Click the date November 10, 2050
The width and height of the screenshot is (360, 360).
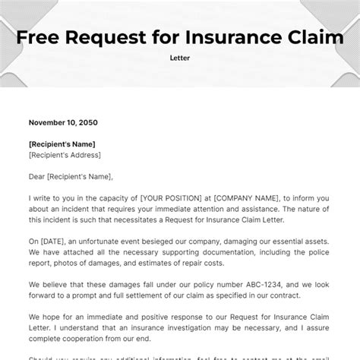pos(63,122)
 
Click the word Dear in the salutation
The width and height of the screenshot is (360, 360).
pos(39,176)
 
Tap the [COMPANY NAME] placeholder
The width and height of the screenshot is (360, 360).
pos(241,197)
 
